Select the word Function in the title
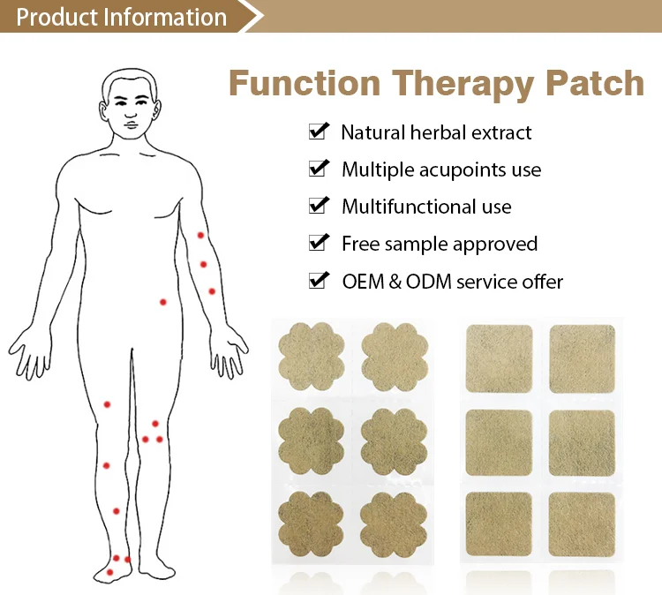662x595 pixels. (x=305, y=84)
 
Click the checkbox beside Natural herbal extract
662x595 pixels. (x=318, y=132)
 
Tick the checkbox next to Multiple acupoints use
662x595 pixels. (x=318, y=169)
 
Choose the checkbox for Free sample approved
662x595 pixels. (x=318, y=243)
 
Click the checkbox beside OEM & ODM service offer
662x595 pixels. (x=318, y=281)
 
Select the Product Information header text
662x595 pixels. (x=121, y=17)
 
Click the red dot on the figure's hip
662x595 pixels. (x=162, y=302)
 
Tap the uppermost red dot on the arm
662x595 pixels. (x=200, y=235)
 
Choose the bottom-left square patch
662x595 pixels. (x=499, y=523)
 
